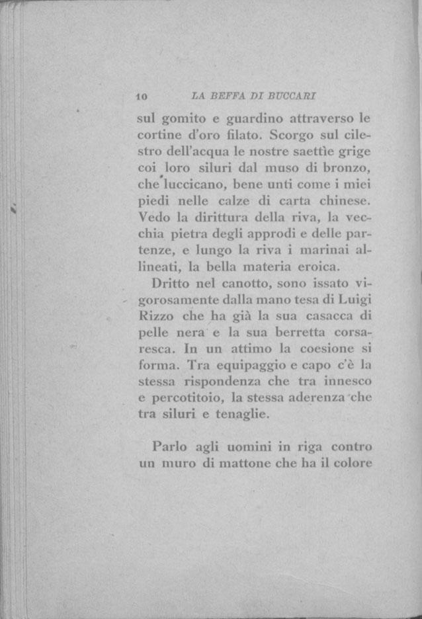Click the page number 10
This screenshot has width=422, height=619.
(x=141, y=97)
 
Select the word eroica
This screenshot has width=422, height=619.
(x=314, y=267)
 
